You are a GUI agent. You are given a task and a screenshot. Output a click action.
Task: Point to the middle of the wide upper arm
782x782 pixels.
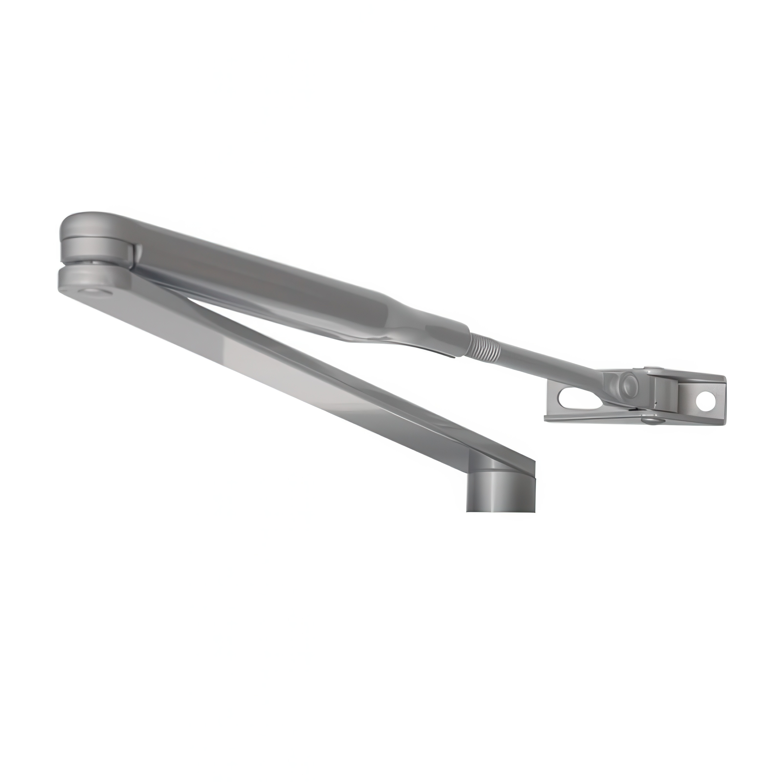coord(263,275)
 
